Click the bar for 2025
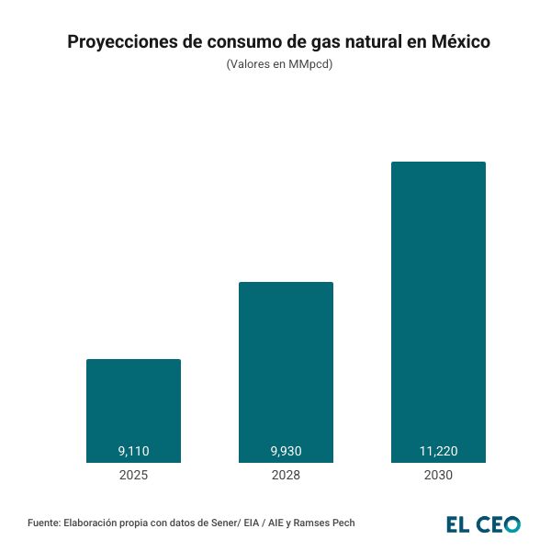click(133, 410)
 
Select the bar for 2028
click(286, 372)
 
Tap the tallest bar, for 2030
click(438, 312)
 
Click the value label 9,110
click(133, 451)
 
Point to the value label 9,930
click(286, 451)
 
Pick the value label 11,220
click(438, 451)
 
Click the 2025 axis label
click(133, 476)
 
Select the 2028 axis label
click(286, 476)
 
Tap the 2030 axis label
click(438, 476)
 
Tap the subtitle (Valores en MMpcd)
click(279, 65)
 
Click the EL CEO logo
click(483, 524)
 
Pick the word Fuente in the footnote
click(44, 523)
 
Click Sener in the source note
click(223, 523)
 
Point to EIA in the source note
click(252, 523)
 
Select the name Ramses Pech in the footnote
click(325, 523)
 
